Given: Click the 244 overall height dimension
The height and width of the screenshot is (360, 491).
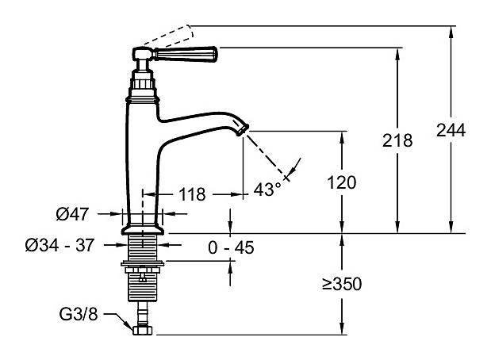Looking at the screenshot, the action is click(451, 130).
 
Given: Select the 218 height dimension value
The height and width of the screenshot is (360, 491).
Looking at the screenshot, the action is click(397, 140).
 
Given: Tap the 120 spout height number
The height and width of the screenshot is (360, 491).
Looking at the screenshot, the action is click(342, 182).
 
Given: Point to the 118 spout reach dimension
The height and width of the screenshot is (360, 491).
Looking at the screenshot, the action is click(192, 194).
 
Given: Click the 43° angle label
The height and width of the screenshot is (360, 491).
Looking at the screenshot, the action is click(267, 190).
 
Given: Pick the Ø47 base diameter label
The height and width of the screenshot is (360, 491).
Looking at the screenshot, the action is click(72, 214).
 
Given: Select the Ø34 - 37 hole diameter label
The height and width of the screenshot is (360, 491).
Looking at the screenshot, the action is click(59, 245).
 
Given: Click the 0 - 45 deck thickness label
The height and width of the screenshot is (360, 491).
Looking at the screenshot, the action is click(231, 247).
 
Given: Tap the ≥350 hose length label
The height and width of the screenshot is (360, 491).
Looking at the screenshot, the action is click(342, 284).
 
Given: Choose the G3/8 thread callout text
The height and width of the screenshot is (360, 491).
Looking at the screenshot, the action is click(79, 314).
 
